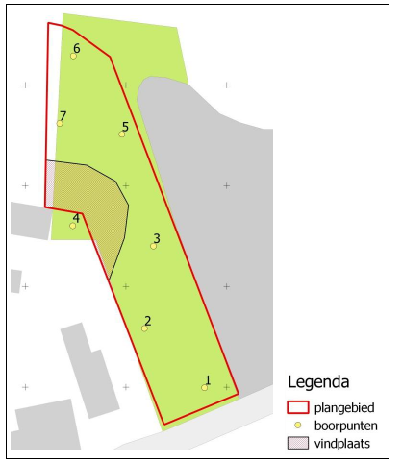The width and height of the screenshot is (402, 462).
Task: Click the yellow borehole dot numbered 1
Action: click(205, 387)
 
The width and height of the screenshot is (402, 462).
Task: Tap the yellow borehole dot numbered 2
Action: click(144, 328)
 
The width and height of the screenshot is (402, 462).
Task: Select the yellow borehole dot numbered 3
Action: click(153, 246)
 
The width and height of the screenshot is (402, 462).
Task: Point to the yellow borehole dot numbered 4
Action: click(72, 226)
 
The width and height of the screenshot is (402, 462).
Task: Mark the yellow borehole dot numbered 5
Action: click(121, 134)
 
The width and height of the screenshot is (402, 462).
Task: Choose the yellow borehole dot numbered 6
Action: click(73, 56)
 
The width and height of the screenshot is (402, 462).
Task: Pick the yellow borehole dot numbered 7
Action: click(60, 123)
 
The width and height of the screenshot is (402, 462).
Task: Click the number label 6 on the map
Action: click(76, 48)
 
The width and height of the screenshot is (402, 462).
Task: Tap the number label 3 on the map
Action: click(157, 238)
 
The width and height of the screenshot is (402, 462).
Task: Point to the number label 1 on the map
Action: click(208, 380)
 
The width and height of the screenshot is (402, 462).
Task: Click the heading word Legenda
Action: click(322, 381)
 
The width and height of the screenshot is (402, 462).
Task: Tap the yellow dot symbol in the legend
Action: click(299, 425)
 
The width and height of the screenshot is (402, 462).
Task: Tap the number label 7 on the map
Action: click(63, 115)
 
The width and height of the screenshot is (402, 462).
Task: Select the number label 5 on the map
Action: click(125, 127)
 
